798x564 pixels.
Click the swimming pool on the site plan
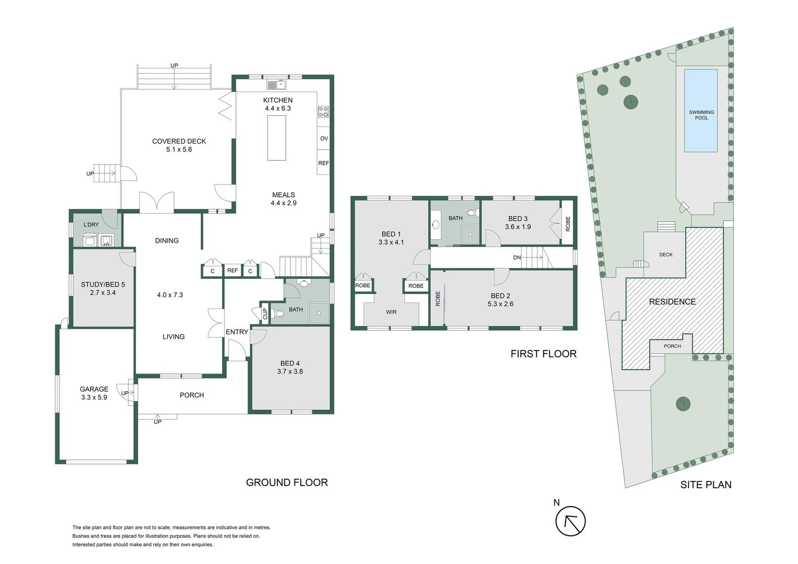700,110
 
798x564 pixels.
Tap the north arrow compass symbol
570,521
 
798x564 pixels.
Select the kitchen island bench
277,138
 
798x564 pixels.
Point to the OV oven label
324,138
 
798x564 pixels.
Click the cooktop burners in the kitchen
323,111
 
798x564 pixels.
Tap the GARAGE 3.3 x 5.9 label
94,393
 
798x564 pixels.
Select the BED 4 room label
290,367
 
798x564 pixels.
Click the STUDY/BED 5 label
103,288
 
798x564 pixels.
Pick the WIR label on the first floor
391,312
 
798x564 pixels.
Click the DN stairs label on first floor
517,257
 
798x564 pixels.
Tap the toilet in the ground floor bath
279,313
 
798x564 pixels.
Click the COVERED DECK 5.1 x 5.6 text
179,145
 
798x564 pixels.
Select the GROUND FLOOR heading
287,483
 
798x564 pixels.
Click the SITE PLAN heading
706,485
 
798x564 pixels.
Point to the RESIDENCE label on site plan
672,301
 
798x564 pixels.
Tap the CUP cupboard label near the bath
265,313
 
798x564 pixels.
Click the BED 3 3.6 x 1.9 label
518,222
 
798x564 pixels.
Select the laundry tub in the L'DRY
107,240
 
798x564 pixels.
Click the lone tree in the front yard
683,404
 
